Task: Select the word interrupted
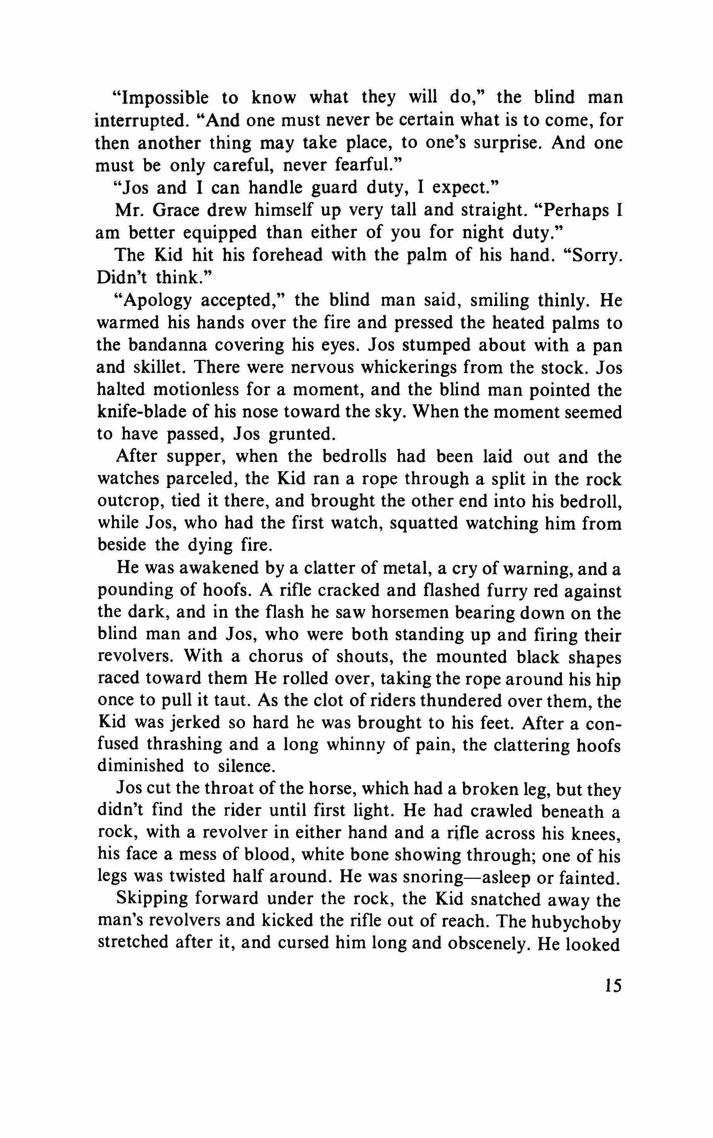pyautogui.click(x=139, y=120)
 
